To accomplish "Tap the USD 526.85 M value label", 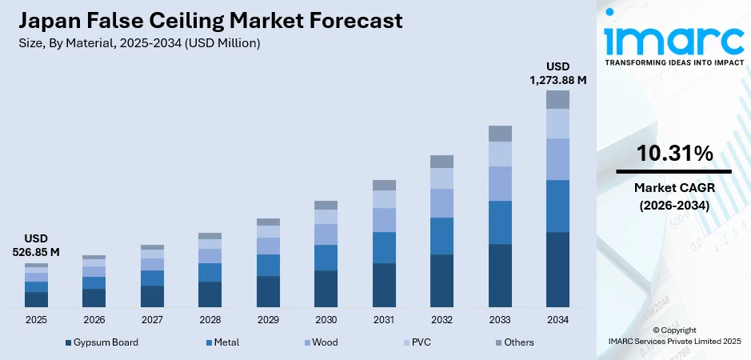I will click(36, 246).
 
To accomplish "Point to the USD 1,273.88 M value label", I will click(557, 73).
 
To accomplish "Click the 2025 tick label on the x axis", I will click(36, 320).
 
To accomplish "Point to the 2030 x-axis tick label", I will click(326, 320).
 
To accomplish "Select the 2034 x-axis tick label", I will click(557, 320).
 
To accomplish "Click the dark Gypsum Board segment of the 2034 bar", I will click(557, 270).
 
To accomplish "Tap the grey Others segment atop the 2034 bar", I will click(557, 99).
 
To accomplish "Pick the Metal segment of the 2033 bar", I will click(500, 222).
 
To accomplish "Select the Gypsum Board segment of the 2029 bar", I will click(268, 292).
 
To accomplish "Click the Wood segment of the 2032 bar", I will click(441, 203).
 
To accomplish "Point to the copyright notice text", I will click(673, 335).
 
